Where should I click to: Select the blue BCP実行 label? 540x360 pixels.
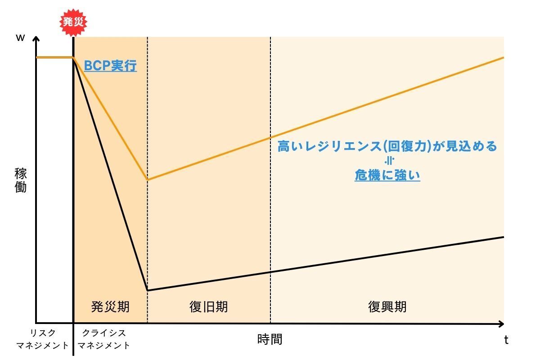point(110,66)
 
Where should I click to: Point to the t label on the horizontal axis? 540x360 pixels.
point(506,340)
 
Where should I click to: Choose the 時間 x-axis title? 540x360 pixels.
point(270,339)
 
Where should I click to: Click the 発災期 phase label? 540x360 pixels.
point(110,307)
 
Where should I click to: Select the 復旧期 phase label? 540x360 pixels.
point(208,307)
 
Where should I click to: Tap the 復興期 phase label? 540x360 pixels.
point(387,307)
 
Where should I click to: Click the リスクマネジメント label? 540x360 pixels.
point(43,339)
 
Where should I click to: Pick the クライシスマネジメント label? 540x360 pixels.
point(104,339)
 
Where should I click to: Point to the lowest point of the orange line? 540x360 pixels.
point(148,180)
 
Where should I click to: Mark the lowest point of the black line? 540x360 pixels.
point(148,290)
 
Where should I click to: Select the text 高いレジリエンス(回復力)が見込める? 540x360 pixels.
point(387,147)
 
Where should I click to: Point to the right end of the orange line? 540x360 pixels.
point(503,58)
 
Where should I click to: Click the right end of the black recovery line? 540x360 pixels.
point(503,237)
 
